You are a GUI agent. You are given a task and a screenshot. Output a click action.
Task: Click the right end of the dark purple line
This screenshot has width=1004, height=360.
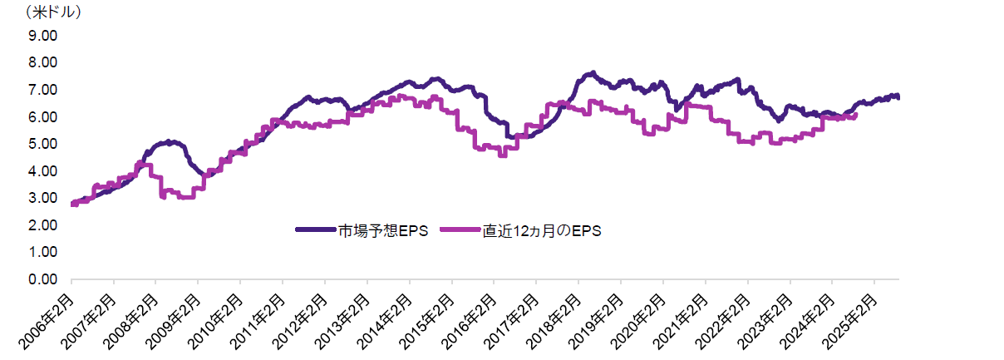click(898, 97)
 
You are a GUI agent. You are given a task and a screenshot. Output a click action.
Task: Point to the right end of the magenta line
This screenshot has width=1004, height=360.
click(855, 116)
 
